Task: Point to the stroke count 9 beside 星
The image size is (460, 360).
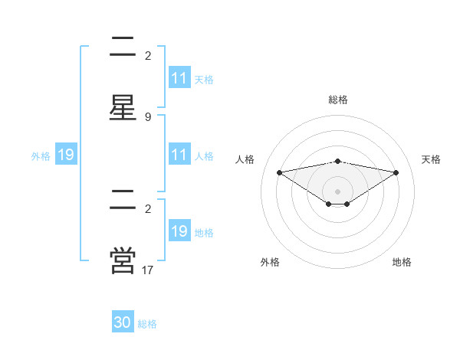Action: pos(148,117)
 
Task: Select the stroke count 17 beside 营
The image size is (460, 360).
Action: pos(148,270)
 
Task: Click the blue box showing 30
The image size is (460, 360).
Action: pos(123,322)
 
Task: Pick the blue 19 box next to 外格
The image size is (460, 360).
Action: pos(66,155)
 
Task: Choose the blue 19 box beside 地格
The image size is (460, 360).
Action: pos(179,232)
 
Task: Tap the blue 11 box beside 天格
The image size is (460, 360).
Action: pos(179,78)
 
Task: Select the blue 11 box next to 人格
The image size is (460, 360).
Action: pos(179,155)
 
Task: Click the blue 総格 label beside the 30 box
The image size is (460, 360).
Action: pos(147,324)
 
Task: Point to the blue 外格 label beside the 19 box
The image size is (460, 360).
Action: pos(41,156)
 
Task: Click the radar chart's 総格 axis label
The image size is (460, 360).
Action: pos(338,100)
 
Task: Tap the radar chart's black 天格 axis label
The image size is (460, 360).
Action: pos(431,159)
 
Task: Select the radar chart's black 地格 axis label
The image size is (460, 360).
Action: pos(402,262)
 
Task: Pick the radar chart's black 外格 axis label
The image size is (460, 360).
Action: pos(270,262)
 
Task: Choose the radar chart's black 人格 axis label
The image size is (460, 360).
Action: pos(245,159)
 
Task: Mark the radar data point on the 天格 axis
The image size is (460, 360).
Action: pos(396,172)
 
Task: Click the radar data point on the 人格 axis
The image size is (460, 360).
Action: pos(280,172)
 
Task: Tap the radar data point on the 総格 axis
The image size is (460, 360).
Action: pos(338,161)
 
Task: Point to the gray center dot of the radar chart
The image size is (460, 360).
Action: pos(338,191)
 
